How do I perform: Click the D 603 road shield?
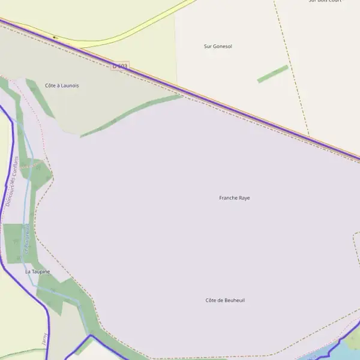120,66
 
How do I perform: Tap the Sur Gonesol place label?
218,46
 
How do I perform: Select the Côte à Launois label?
62,86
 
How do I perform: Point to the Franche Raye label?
235,197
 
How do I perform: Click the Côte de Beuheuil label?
225,300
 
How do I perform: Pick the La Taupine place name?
37,272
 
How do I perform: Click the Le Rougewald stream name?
27,239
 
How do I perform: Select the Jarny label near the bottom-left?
44,340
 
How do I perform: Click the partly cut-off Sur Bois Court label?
325,1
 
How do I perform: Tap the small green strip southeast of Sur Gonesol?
273,74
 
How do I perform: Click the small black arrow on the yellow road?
55,37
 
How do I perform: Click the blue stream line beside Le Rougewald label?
23,216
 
